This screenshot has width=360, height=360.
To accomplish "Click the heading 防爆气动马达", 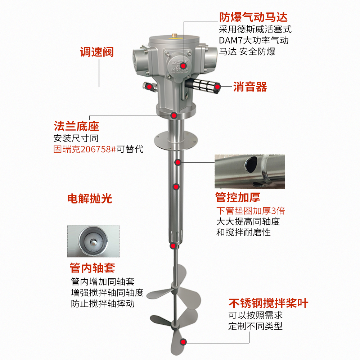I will coord(253,17).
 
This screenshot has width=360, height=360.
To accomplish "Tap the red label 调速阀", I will coord(96,52).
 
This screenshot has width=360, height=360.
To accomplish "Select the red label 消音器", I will coord(250,87).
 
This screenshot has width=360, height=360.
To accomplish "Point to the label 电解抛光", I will coord(90,198).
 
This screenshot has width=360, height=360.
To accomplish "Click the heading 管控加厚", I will coord(238,197).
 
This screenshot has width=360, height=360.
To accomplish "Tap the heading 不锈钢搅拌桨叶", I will coord(269,303).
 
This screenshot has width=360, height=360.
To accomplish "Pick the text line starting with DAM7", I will coord(254,40).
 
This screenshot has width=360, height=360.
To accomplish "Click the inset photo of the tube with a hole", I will coord(250,171).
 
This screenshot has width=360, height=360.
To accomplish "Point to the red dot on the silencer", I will coord(217,86).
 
